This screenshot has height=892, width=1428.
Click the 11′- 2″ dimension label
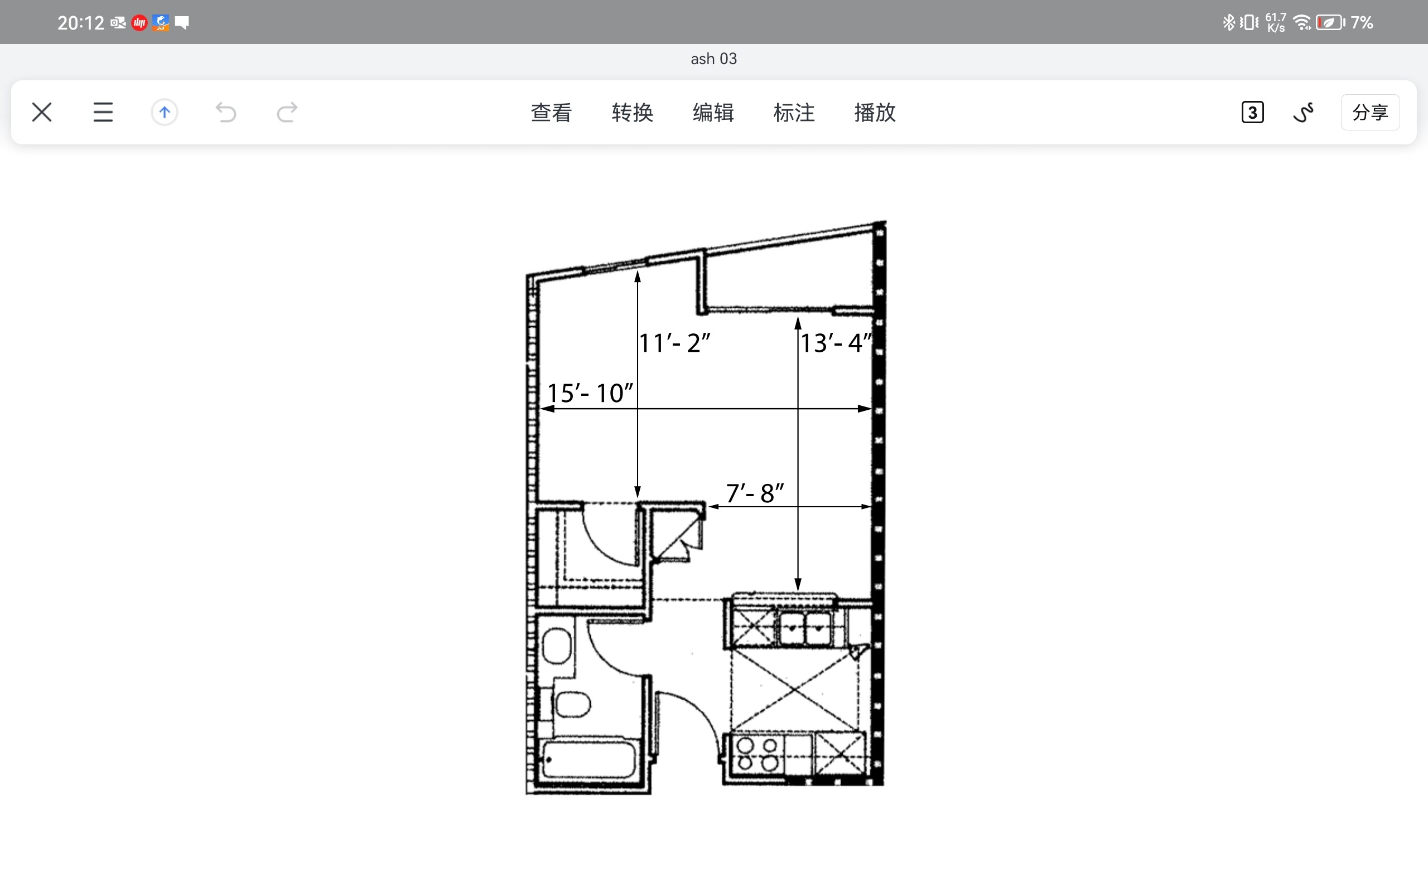pyautogui.click(x=674, y=343)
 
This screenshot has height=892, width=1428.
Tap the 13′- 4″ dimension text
pyautogui.click(x=836, y=343)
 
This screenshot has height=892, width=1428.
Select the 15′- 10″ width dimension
pyautogui.click(x=590, y=393)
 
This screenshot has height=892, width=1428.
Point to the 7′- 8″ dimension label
pyautogui.click(x=755, y=493)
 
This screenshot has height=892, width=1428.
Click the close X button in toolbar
pyautogui.click(x=42, y=112)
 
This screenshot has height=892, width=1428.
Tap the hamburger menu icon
pyautogui.click(x=103, y=112)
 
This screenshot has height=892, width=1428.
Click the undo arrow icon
pyautogui.click(x=225, y=112)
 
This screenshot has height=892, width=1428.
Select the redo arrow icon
pyautogui.click(x=287, y=112)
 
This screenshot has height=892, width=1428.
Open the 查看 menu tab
pyautogui.click(x=551, y=112)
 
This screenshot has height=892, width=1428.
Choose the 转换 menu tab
pyautogui.click(x=632, y=112)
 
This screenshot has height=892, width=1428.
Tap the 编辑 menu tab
pyautogui.click(x=713, y=112)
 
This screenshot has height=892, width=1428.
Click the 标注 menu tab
pyautogui.click(x=794, y=112)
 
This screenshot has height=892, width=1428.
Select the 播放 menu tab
pyautogui.click(x=875, y=112)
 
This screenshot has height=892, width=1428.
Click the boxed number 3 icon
pyautogui.click(x=1252, y=112)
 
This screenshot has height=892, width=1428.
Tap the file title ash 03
pyautogui.click(x=713, y=59)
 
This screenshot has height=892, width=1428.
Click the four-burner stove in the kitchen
pyautogui.click(x=758, y=754)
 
